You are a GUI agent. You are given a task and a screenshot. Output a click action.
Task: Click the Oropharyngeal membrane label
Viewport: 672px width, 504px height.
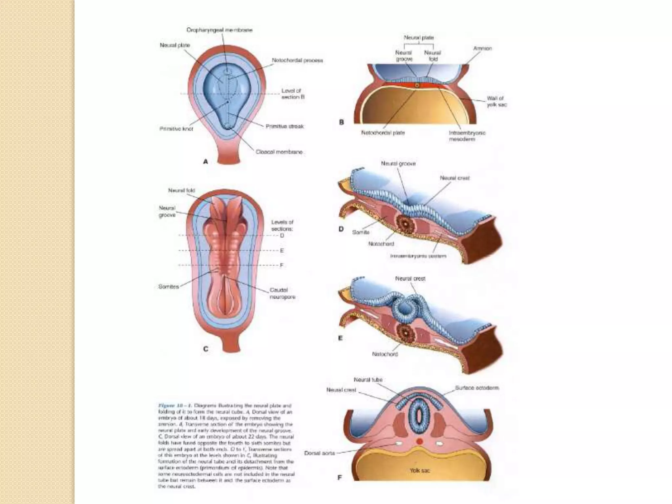tap(219, 30)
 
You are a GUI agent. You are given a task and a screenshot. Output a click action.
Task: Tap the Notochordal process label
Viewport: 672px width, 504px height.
tap(297, 61)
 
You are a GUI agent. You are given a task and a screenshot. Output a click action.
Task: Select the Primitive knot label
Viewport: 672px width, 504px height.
tap(176, 129)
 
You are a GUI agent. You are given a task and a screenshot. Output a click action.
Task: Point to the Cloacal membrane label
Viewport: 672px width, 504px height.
tap(279, 152)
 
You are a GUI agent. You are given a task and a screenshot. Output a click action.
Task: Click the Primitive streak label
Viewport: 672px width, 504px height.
tap(285, 126)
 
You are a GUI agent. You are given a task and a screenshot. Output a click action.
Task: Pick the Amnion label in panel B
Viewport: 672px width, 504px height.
tap(482, 49)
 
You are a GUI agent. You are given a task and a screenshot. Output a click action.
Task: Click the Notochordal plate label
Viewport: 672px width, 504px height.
tap(383, 133)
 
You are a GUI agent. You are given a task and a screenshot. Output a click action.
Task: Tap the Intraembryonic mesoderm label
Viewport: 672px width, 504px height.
tap(467, 136)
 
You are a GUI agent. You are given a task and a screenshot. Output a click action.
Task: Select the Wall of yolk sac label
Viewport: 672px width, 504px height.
tap(496, 101)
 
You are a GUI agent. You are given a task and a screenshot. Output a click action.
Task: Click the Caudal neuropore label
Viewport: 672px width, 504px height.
tap(282, 293)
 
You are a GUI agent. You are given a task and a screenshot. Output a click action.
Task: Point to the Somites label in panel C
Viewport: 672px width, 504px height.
tap(168, 287)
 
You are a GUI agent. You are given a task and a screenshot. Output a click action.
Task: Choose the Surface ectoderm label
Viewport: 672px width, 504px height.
tap(477, 388)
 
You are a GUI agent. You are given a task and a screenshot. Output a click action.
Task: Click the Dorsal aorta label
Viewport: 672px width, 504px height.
tap(319, 453)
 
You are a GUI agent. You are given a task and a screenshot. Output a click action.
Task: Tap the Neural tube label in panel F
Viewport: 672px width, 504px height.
tap(368, 380)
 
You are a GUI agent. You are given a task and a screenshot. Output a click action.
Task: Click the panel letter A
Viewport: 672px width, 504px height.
tap(206, 161)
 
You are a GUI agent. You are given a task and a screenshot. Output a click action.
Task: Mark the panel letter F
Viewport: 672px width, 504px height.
tap(340, 478)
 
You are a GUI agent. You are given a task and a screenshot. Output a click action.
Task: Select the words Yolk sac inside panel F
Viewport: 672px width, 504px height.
tap(419, 471)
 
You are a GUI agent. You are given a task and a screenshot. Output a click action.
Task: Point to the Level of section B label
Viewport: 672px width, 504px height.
tap(293, 94)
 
